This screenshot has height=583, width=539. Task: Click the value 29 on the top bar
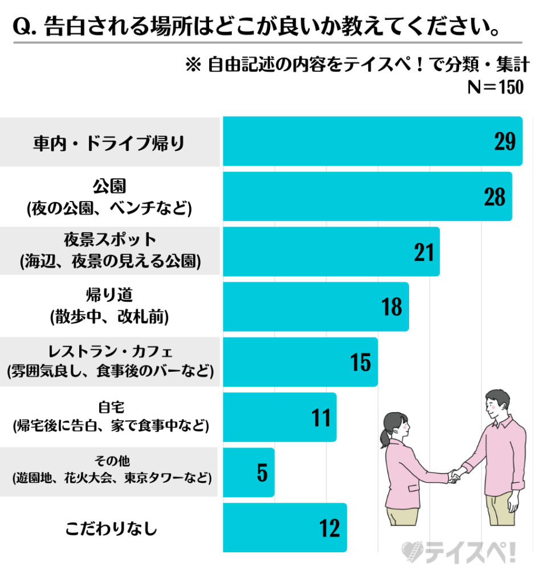coord(504,142)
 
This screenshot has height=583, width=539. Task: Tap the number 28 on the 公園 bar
coord(494,196)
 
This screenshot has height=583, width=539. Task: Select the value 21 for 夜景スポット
coord(424,252)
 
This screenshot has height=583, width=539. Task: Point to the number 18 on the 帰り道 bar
coord(392,307)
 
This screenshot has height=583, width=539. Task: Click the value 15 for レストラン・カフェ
coord(361,362)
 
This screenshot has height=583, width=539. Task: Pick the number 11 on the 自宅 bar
coord(321,417)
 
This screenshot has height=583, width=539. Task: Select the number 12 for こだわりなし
coord(330,528)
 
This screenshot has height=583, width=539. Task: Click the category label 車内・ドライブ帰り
coord(109,142)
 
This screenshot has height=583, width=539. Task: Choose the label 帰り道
coord(109,295)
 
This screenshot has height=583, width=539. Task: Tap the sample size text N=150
coord(495,88)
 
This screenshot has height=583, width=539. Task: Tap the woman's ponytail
coord(383,440)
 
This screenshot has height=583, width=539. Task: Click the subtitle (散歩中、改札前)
coord(109,317)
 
